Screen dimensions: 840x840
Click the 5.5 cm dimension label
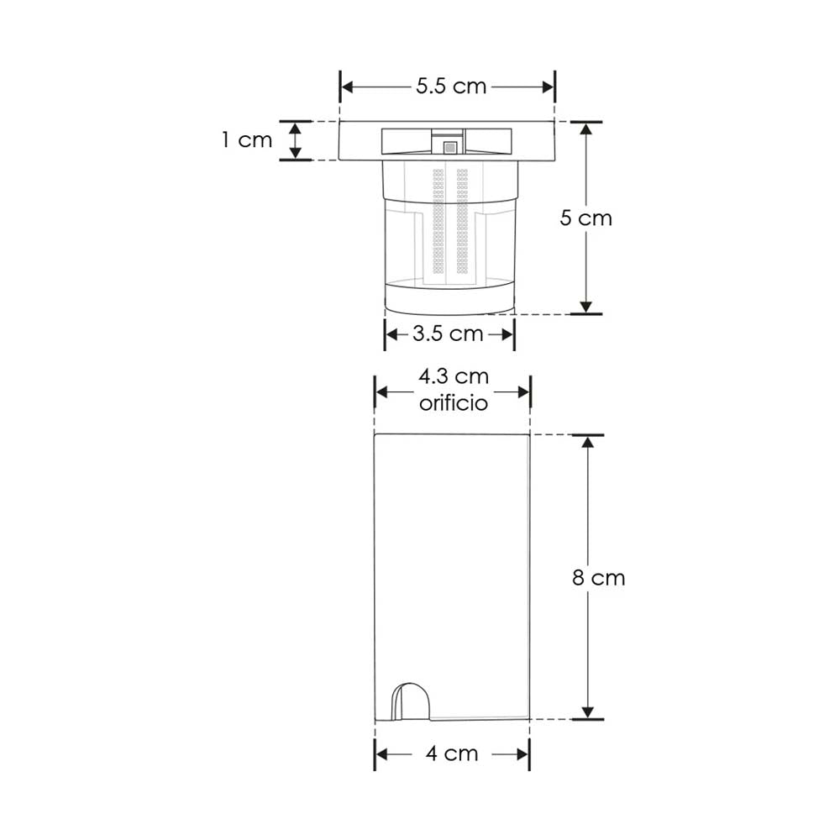point(451,87)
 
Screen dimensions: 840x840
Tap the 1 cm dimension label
point(248,139)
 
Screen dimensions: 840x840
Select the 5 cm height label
point(586,218)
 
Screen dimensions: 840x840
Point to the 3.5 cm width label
point(448,333)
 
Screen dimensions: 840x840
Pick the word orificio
point(453,403)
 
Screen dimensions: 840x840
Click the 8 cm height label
point(598,578)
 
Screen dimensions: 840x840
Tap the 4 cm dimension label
point(451,753)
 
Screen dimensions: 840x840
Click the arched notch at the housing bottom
point(412,701)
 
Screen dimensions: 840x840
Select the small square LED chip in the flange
point(450,147)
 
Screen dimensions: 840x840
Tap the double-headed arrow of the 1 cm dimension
point(295,139)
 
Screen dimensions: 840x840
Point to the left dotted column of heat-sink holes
point(438,223)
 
